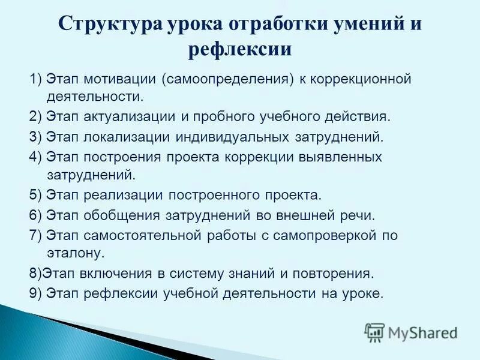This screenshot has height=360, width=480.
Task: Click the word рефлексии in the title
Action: (240, 49)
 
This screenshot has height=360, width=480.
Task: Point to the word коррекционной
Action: (363, 79)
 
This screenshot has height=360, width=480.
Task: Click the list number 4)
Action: (37, 157)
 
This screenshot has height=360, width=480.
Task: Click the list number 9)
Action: (37, 293)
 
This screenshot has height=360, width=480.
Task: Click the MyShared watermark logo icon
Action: (375, 332)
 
